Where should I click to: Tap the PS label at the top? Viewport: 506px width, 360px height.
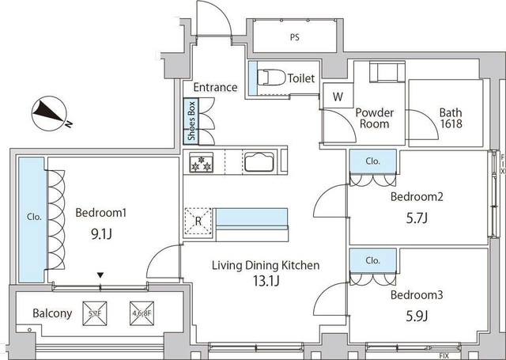click(294, 36)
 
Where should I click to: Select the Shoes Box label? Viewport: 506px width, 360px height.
click(191, 121)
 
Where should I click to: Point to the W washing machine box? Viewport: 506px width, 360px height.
click(338, 97)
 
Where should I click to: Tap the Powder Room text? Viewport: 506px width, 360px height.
click(374, 118)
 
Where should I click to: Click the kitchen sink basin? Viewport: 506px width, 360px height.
click(259, 163)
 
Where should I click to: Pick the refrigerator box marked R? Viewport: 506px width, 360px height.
click(198, 221)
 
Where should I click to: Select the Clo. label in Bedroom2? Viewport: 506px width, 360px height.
click(372, 161)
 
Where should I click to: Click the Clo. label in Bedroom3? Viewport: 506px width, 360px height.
click(372, 260)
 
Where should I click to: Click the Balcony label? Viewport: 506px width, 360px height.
click(52, 313)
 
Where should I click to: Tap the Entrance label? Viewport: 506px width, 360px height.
click(214, 87)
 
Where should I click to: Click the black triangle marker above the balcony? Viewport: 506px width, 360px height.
click(100, 275)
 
